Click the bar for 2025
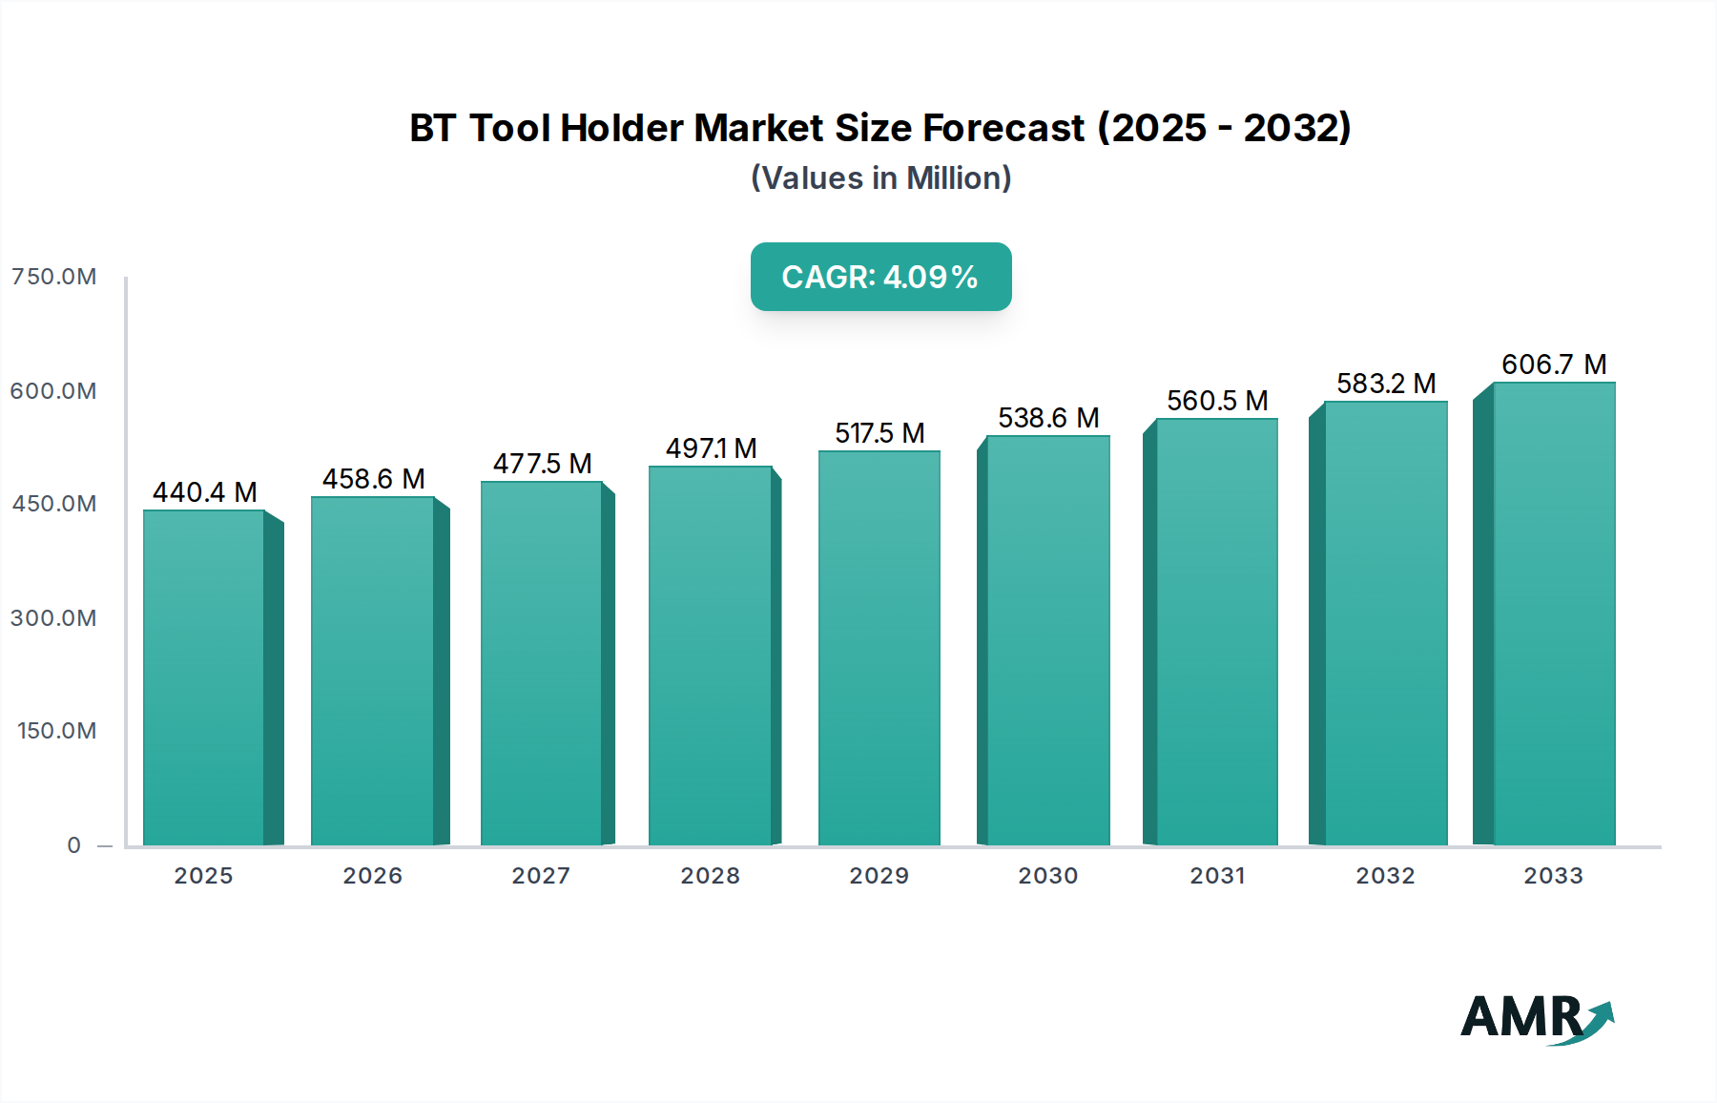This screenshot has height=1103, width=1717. [x=204, y=677]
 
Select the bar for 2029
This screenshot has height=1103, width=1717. [x=879, y=649]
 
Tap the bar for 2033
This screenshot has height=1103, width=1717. [x=1553, y=615]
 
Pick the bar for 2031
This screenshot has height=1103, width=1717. [x=1216, y=632]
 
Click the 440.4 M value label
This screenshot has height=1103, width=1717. [x=204, y=492]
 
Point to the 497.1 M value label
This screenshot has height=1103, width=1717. [x=711, y=448]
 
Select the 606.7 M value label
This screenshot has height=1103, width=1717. [x=1553, y=364]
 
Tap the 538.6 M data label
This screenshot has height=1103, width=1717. [x=1048, y=418]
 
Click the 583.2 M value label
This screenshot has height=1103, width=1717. [x=1385, y=384]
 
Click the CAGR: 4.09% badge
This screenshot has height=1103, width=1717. [x=880, y=277]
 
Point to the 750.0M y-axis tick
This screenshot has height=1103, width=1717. [x=53, y=277]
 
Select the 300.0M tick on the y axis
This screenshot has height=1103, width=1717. [x=53, y=618]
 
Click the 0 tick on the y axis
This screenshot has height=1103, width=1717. [x=73, y=845]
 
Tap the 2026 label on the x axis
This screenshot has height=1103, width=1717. [x=372, y=876]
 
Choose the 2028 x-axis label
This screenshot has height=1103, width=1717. [x=710, y=876]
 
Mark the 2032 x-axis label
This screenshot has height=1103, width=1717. [x=1385, y=876]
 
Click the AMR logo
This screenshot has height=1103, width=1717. [x=1536, y=1018]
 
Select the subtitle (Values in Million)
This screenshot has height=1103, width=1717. [x=880, y=178]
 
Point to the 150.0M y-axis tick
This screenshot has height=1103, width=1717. [x=56, y=731]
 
